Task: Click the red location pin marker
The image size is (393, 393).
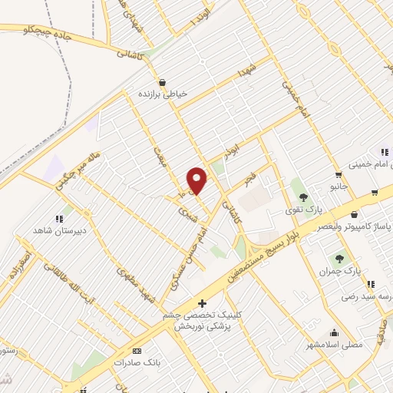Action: click(197, 180)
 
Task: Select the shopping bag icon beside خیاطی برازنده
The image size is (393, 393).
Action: click(162, 83)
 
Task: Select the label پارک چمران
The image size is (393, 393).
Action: click(339, 272)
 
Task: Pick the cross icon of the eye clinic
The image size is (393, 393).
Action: click(201, 304)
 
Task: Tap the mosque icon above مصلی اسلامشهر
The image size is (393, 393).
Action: click(334, 332)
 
